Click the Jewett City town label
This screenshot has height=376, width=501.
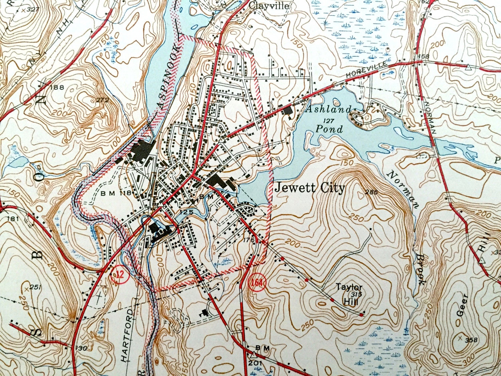[309, 188]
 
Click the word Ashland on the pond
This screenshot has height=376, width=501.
[328, 109]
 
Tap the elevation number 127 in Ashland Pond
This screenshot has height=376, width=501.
[329, 120]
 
